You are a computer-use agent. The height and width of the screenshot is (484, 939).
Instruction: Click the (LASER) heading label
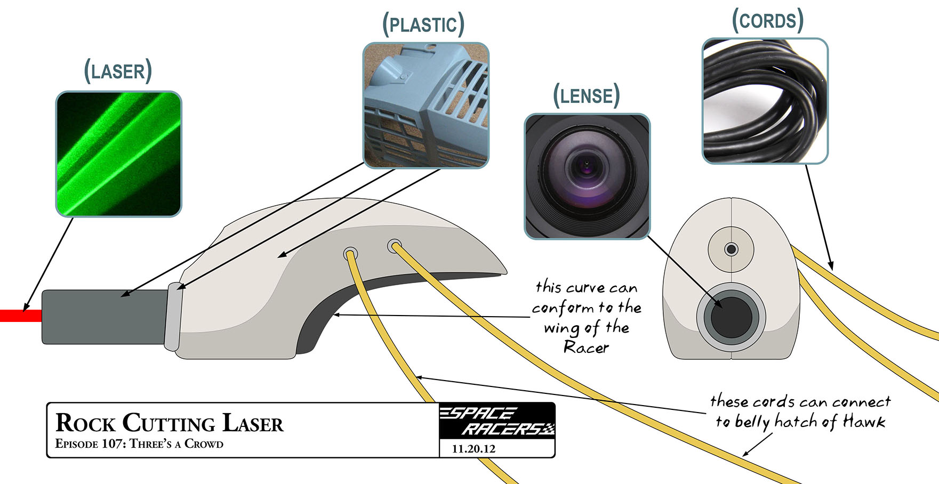[x=118, y=71]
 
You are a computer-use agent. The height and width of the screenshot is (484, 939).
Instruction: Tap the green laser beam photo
[x=118, y=154]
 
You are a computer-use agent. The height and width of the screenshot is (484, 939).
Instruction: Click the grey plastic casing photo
[x=426, y=106]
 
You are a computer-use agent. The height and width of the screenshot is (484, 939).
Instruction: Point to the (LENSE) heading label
[x=587, y=96]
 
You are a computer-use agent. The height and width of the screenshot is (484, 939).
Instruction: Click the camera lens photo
[x=587, y=176]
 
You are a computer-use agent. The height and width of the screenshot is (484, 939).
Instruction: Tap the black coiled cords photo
[x=765, y=101]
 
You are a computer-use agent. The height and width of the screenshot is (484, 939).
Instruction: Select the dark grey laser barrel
[x=104, y=317]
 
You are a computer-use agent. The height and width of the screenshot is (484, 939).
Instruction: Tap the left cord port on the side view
[x=350, y=253]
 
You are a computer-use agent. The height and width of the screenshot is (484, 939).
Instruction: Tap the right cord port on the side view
[x=394, y=246]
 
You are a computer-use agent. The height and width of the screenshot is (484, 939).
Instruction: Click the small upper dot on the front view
[x=732, y=249]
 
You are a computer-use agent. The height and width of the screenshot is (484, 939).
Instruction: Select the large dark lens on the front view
[x=731, y=318]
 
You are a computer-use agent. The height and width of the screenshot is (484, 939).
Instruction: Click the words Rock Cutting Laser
[x=170, y=423]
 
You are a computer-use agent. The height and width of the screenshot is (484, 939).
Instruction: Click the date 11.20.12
[x=473, y=449]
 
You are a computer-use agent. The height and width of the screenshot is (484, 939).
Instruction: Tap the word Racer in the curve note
[x=586, y=348]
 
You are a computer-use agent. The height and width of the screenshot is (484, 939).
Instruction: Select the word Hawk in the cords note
[x=864, y=422]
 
